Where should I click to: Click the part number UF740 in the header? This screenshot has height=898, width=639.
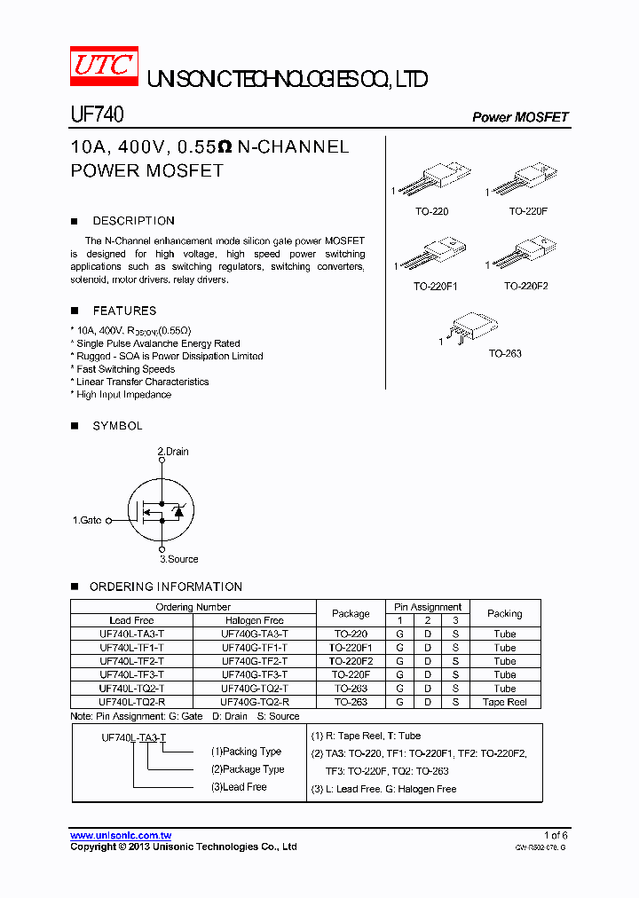97,115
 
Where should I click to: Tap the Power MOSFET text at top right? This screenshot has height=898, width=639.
520,117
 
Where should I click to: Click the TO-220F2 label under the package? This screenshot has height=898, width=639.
526,287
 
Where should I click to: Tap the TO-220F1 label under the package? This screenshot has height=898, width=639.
435,287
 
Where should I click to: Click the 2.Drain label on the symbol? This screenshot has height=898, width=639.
173,452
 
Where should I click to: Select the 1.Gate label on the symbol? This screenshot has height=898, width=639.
87,520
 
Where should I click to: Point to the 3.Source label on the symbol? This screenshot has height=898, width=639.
179,559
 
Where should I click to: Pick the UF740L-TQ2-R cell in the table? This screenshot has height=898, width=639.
132,702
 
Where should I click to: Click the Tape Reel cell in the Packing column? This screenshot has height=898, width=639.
505,702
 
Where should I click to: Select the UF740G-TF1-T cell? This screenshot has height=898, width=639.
255,648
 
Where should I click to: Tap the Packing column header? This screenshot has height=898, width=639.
505,613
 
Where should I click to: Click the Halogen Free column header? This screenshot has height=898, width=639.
255,620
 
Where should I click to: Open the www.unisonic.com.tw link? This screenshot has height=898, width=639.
121,836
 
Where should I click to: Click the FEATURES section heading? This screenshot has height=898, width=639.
124,311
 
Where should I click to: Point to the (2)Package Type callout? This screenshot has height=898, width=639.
248,769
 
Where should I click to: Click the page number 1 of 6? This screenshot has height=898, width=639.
555,835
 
